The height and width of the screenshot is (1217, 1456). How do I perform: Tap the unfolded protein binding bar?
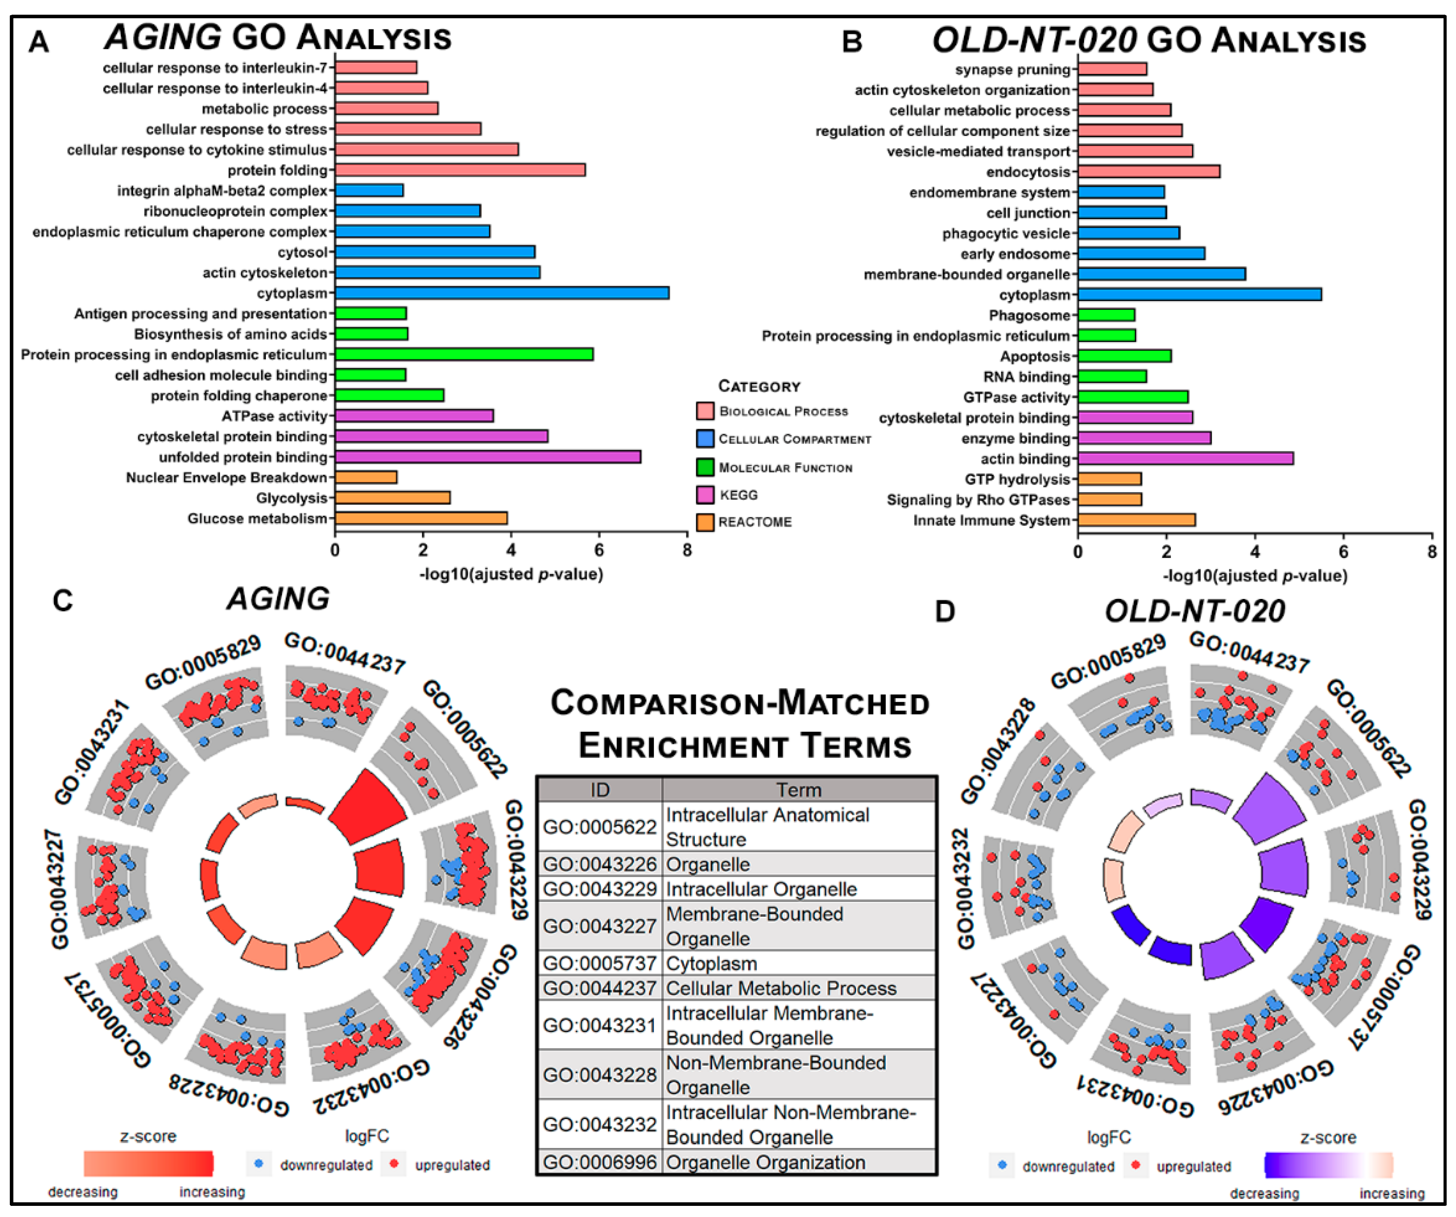coord(487,457)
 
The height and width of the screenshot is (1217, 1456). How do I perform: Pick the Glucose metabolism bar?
coord(421,518)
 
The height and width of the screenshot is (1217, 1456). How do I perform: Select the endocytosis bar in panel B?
coord(1148,171)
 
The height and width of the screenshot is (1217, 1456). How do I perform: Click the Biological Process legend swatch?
coord(705,411)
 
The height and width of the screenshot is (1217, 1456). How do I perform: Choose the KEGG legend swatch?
coord(705,495)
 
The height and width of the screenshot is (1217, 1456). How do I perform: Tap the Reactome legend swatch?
coord(705,522)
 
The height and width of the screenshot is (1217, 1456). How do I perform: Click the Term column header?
coord(798,790)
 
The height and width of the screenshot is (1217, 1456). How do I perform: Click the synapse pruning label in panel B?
coord(1012,69)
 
